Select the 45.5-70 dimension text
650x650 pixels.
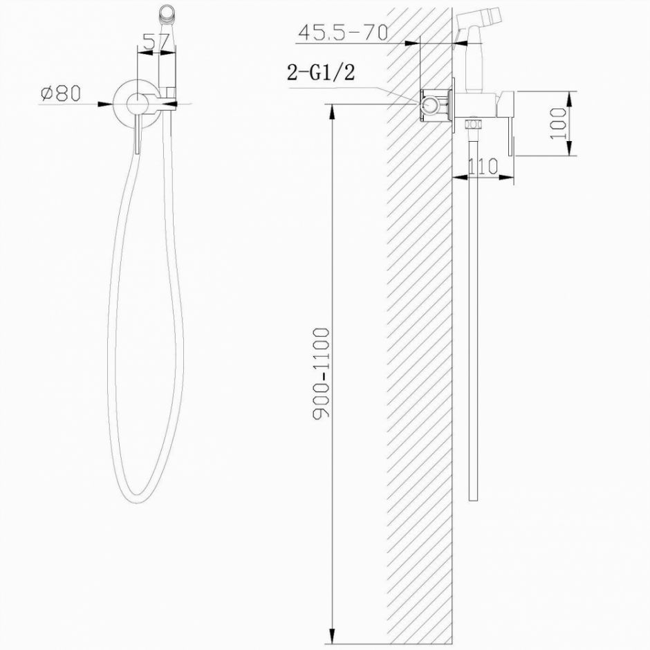(342, 32)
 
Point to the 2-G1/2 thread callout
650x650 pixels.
(321, 73)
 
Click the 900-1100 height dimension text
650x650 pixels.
(322, 374)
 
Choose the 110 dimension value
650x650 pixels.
(483, 166)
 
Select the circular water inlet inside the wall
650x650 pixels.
(430, 106)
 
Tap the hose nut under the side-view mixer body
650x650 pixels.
(473, 127)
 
